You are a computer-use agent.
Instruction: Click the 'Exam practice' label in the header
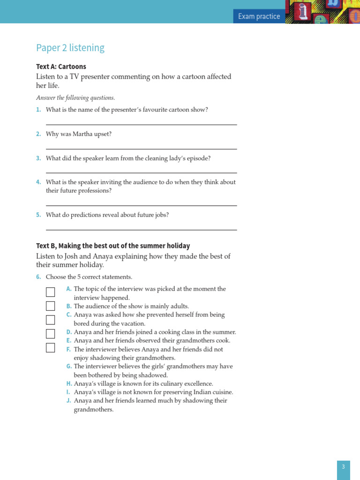(259, 16)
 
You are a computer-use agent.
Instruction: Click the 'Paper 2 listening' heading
(70, 48)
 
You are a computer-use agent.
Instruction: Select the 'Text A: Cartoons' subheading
(61, 67)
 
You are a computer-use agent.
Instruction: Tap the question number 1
(38, 110)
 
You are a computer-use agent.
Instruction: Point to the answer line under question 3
(141, 173)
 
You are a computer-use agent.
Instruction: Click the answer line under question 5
(141, 230)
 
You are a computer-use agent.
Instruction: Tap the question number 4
(38, 182)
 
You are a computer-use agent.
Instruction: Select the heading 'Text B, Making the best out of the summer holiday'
(113, 246)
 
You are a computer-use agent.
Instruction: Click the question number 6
(38, 277)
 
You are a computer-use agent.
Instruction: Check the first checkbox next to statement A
(50, 292)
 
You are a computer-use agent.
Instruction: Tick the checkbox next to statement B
(50, 306)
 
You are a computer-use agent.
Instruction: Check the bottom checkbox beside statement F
(50, 348)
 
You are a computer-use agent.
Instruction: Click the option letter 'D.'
(69, 332)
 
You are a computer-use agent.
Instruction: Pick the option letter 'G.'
(69, 367)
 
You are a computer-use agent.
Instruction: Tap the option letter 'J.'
(69, 401)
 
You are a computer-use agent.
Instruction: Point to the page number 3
(343, 467)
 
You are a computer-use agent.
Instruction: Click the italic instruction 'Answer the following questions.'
(75, 98)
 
